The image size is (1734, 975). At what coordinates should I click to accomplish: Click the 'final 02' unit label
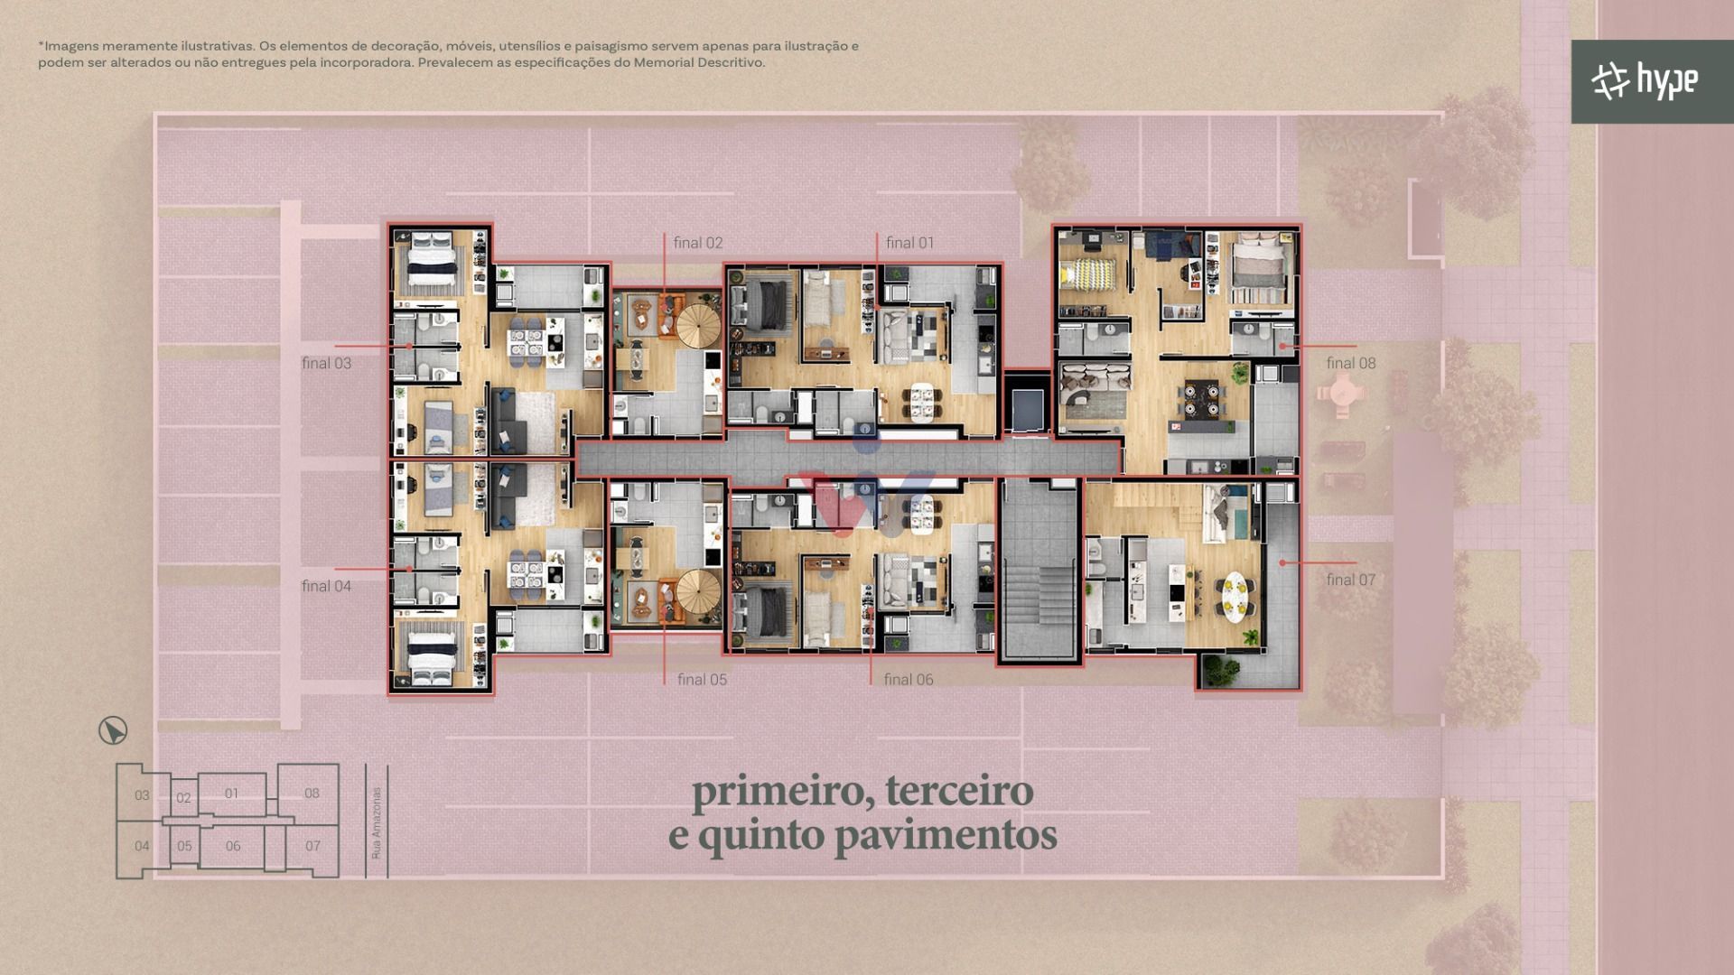click(x=697, y=243)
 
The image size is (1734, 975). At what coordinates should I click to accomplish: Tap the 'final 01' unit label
click(x=909, y=243)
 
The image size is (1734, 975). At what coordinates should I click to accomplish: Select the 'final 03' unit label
click(x=326, y=363)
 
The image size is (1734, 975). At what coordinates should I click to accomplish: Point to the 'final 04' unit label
click(x=326, y=586)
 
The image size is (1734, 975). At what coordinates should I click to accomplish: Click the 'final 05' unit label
click(x=702, y=680)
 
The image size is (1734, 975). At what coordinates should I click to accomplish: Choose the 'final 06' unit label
click(x=909, y=680)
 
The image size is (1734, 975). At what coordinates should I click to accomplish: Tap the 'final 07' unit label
click(x=1351, y=580)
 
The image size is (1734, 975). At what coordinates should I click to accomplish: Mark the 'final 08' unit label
click(x=1351, y=363)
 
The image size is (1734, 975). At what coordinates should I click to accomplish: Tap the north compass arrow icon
click(x=113, y=730)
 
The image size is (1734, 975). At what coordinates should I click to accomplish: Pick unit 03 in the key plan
click(x=142, y=795)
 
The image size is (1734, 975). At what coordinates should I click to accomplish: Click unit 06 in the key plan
click(x=233, y=846)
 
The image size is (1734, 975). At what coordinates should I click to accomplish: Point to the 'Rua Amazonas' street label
click(x=377, y=822)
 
